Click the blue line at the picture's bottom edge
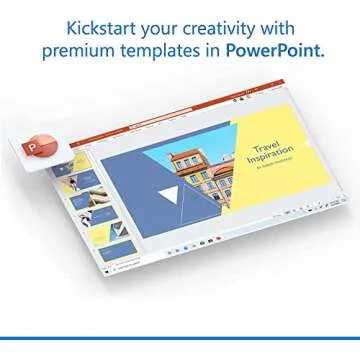point(180,338)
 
